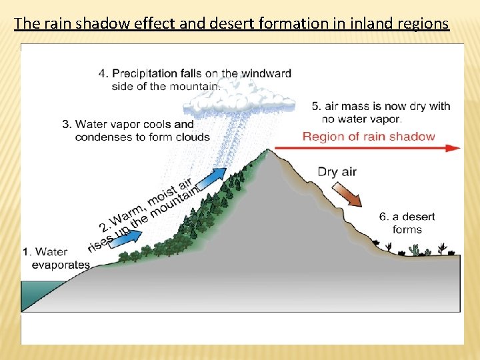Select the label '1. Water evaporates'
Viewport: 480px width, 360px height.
[x=56, y=258]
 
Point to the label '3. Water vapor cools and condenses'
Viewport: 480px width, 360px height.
[x=135, y=131]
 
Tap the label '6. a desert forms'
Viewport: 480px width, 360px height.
[x=407, y=223]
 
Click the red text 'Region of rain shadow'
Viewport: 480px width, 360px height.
[x=369, y=137]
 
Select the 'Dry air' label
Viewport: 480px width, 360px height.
[x=337, y=171]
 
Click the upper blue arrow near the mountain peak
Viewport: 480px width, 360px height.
[x=212, y=177]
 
